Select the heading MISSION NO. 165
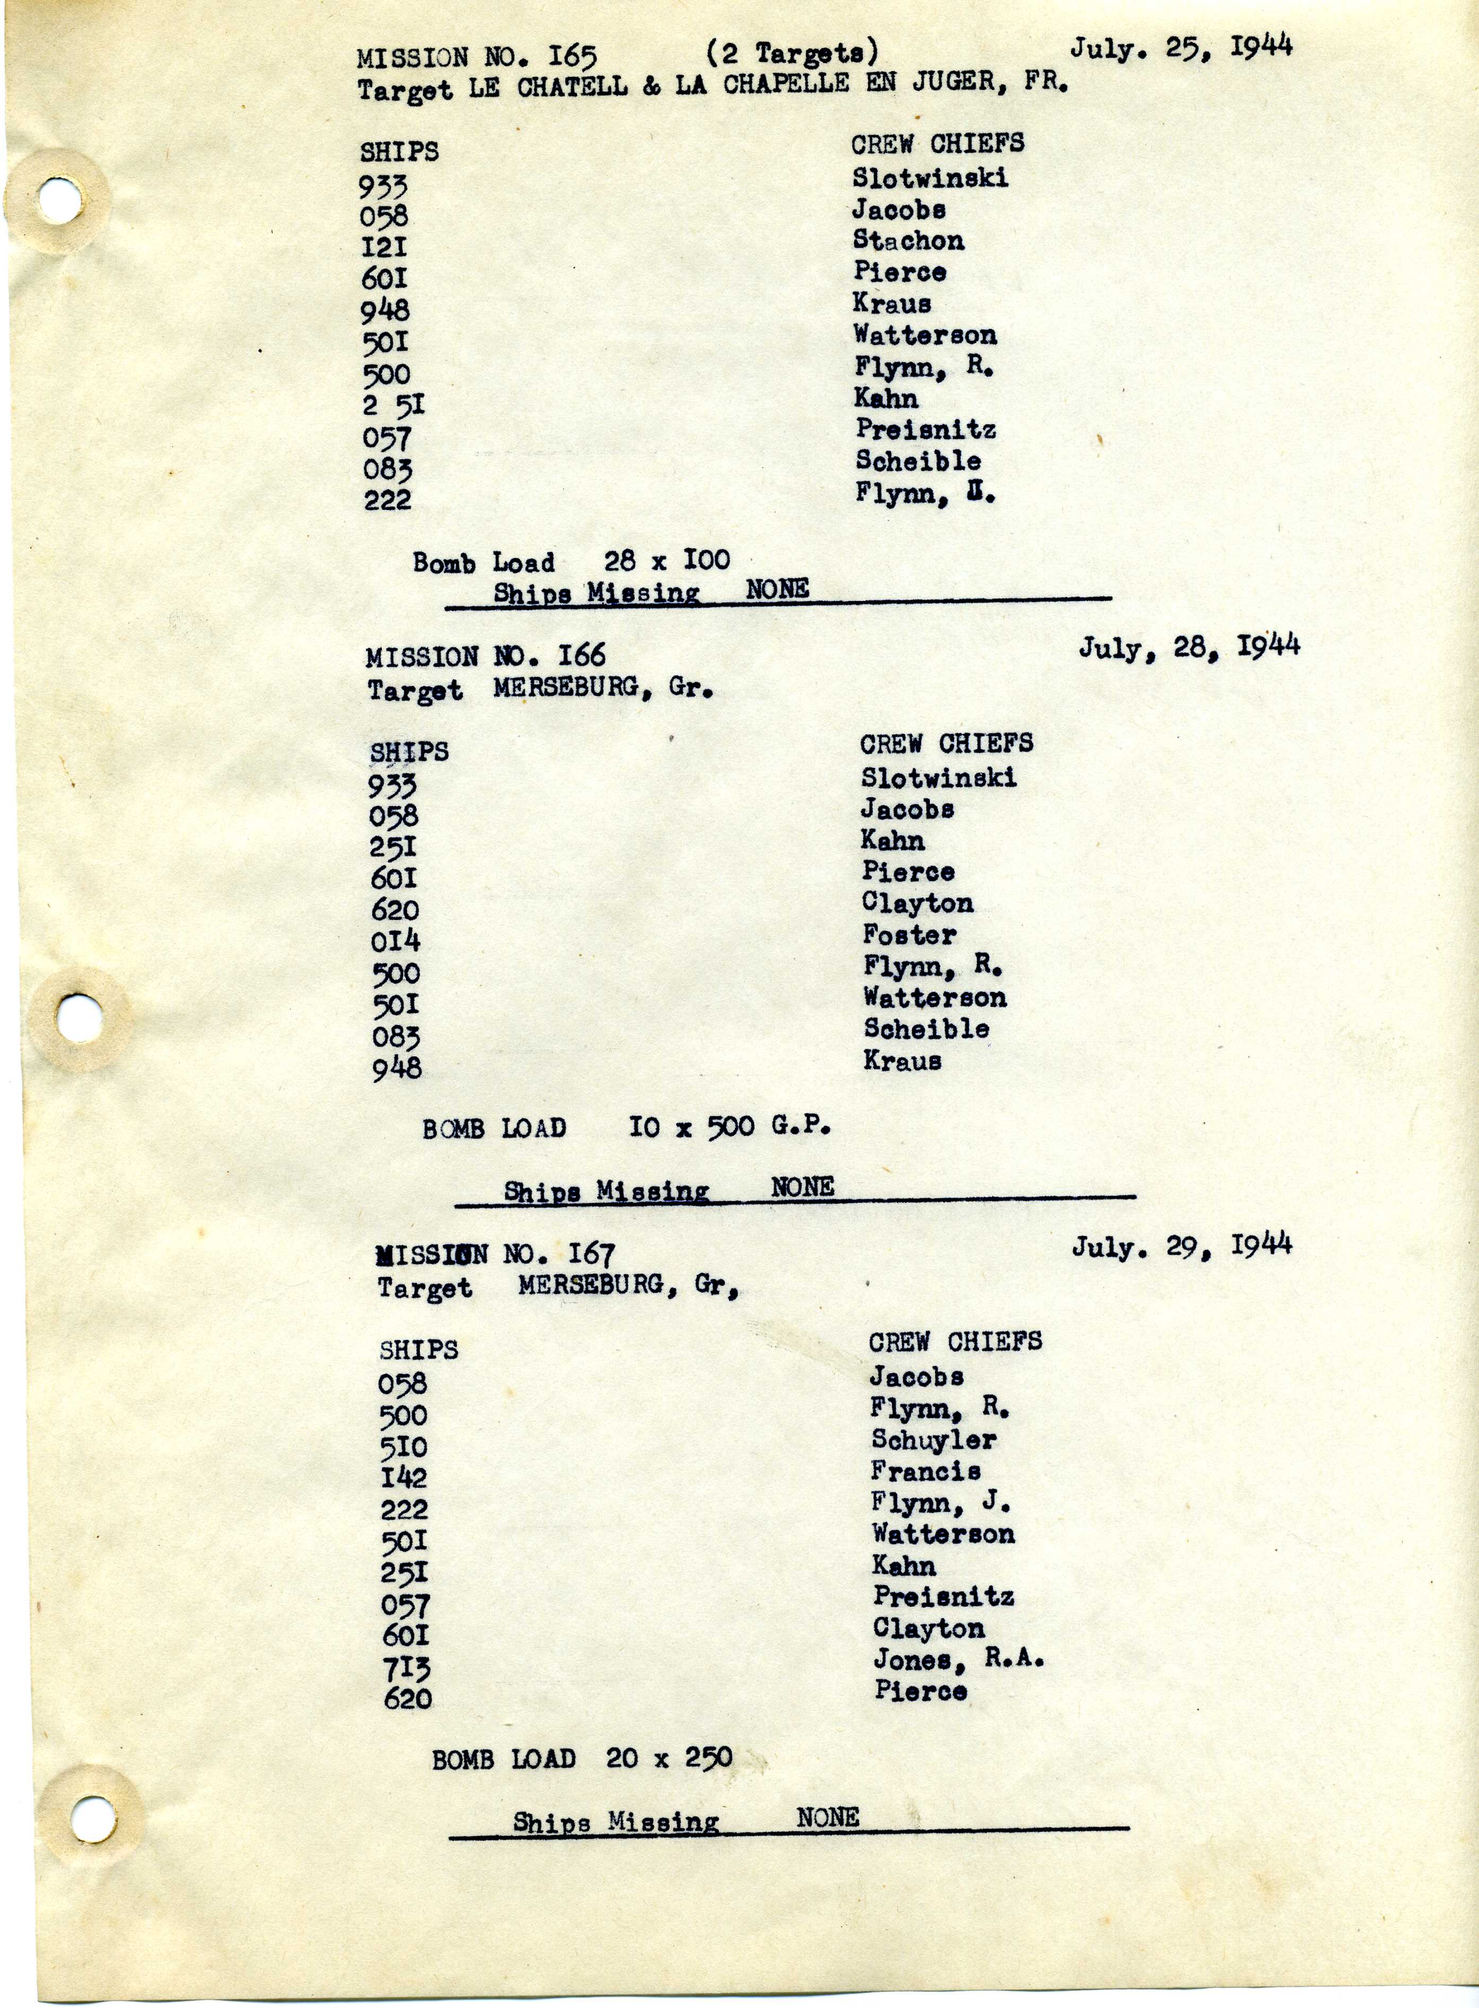click(477, 57)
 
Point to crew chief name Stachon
click(908, 241)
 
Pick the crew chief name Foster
click(909, 935)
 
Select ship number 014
click(395, 941)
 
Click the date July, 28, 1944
click(1188, 647)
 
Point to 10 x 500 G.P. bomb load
click(729, 1127)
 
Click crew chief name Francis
click(925, 1471)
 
